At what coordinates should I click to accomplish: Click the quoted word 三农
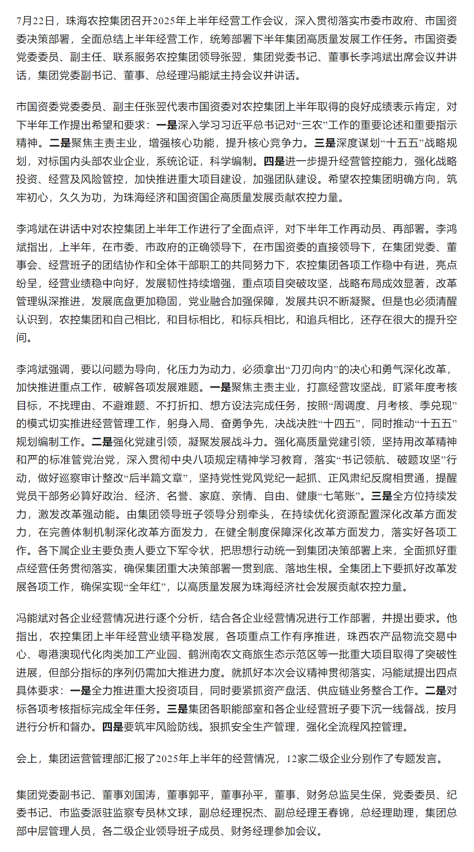coord(312,125)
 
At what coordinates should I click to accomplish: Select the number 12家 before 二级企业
coord(297,758)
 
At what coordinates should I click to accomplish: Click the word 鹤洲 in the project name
coord(199,655)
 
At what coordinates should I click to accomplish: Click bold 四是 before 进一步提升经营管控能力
coord(274,161)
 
